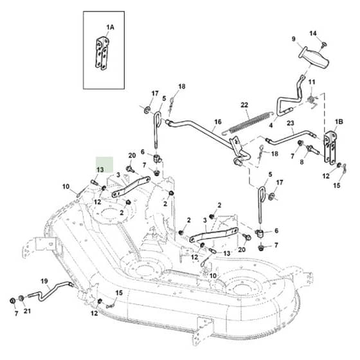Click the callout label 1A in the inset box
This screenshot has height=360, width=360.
coord(110,27)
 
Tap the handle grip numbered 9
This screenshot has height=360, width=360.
coord(314,57)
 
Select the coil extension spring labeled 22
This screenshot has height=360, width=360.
coord(248,123)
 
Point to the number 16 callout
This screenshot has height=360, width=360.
coord(218,122)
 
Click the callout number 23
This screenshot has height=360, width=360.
coord(291,123)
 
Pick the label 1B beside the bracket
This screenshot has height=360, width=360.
coord(339,122)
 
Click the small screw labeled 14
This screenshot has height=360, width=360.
coord(324,44)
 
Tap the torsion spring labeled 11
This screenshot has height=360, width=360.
coord(312,100)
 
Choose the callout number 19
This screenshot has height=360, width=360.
coord(44,281)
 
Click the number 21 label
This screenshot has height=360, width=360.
coord(27,311)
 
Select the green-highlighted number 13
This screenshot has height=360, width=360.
coord(100,170)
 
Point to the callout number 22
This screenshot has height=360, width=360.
coord(244,105)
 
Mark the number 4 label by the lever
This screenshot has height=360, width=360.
coord(271,125)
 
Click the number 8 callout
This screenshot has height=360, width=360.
coord(301,162)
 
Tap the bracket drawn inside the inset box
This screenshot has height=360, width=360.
coord(102,53)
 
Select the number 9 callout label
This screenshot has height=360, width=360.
coord(294,39)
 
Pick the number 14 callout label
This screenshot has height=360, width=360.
coord(312,33)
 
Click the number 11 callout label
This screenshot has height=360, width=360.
coord(312,82)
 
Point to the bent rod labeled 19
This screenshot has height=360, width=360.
coord(50,291)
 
